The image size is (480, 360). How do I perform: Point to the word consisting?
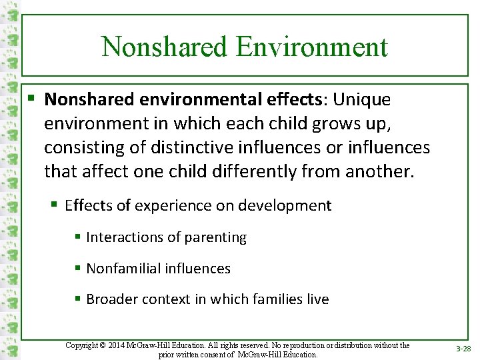(79, 148)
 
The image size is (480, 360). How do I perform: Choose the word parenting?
(215, 237)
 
